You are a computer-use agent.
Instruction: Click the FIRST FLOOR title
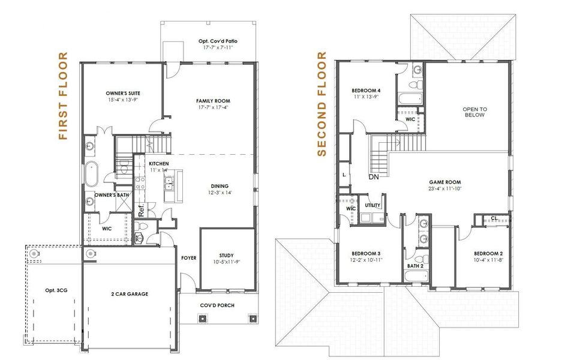pyautogui.click(x=63, y=96)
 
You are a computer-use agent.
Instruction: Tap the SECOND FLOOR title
pyautogui.click(x=322, y=104)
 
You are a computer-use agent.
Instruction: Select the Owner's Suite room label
pyautogui.click(x=123, y=93)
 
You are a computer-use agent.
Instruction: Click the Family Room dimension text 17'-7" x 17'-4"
pyautogui.click(x=214, y=107)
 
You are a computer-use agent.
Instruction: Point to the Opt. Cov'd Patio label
pyautogui.click(x=218, y=41)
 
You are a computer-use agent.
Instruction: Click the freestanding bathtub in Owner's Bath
pyautogui.click(x=91, y=174)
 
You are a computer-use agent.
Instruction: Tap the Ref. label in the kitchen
pyautogui.click(x=141, y=210)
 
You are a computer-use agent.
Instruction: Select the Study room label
pyautogui.click(x=227, y=256)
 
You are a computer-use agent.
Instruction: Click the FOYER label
pyautogui.click(x=188, y=258)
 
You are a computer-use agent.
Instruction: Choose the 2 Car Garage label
pyautogui.click(x=130, y=294)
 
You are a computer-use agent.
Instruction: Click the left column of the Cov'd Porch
pyautogui.click(x=202, y=318)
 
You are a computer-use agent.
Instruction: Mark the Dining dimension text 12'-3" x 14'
pyautogui.click(x=220, y=193)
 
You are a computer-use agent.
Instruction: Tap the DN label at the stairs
pyautogui.click(x=374, y=177)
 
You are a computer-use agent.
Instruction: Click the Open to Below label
pyautogui.click(x=474, y=112)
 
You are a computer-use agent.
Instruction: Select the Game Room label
pyautogui.click(x=445, y=182)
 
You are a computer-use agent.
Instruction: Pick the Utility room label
pyautogui.click(x=372, y=205)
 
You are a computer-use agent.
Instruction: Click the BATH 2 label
pyautogui.click(x=416, y=266)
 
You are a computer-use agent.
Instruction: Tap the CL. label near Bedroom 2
pyautogui.click(x=494, y=218)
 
